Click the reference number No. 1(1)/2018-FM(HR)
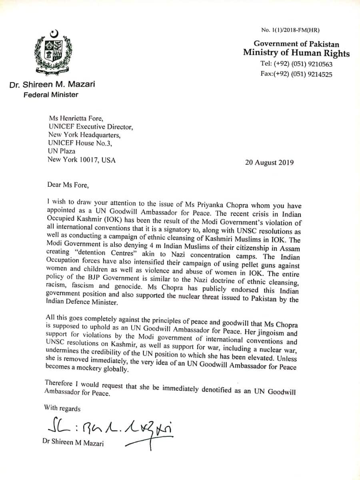tap(290, 30)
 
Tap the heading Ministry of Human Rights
tap(296, 53)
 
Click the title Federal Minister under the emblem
tap(51, 95)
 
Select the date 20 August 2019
tap(269, 162)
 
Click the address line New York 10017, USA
tap(82, 160)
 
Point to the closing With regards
tap(62, 409)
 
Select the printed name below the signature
tap(72, 442)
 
